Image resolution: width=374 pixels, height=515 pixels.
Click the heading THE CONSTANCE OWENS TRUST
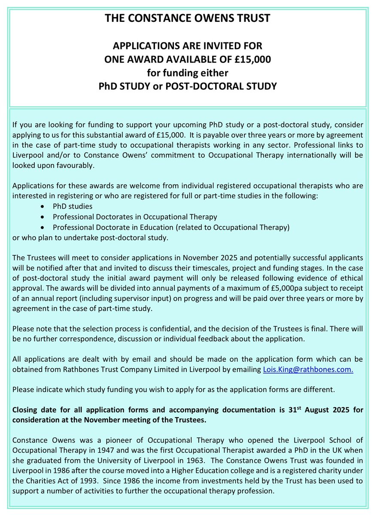point(187,19)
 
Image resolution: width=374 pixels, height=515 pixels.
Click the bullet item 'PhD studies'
point(73,206)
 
